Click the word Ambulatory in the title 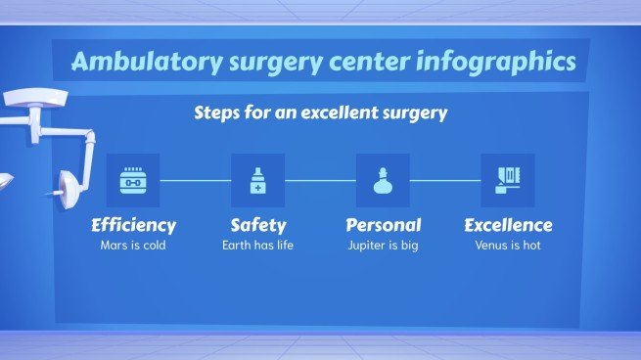pos(131,62)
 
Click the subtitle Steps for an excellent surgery pos(320,112)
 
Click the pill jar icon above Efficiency pos(133,180)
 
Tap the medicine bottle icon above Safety pos(257,180)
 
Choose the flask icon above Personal pos(383,180)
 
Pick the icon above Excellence pos(508,180)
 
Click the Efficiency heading pos(133,225)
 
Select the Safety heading pos(257,225)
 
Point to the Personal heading pos(383,225)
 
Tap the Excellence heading pos(508,225)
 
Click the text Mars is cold pos(133,246)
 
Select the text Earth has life pos(257,246)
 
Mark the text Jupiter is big pos(383,246)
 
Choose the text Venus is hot pos(508,246)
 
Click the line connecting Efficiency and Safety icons pos(195,180)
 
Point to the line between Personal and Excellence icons pos(445,180)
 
